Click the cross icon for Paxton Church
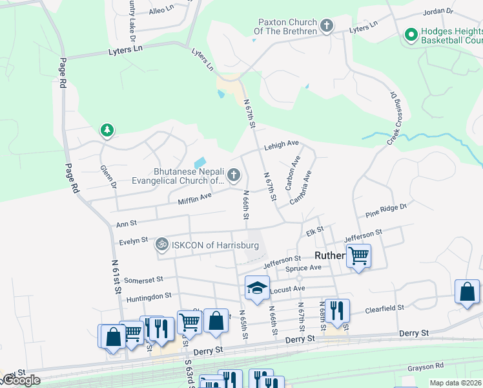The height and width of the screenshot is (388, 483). pos(327,26)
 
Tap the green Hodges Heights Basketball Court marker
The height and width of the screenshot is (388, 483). pos(409,35)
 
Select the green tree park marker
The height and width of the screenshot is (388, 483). pos(107,131)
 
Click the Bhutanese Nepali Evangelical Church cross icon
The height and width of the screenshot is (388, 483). pos(233,175)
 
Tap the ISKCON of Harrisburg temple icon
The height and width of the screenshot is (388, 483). pos(161,245)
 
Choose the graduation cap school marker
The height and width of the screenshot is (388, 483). pos(256,287)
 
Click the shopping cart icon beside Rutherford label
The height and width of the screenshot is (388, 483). pos(358,255)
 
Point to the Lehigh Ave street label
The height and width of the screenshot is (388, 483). pos(281,145)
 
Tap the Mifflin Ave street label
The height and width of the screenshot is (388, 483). pos(195,199)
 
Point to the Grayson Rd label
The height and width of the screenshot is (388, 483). pos(424,367)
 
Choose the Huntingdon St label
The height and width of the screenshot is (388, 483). pos(149,296)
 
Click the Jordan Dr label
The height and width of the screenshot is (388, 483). pos(438,12)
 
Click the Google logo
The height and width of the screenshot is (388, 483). pos(21,380)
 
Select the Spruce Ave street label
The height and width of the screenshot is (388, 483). pos(306,267)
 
